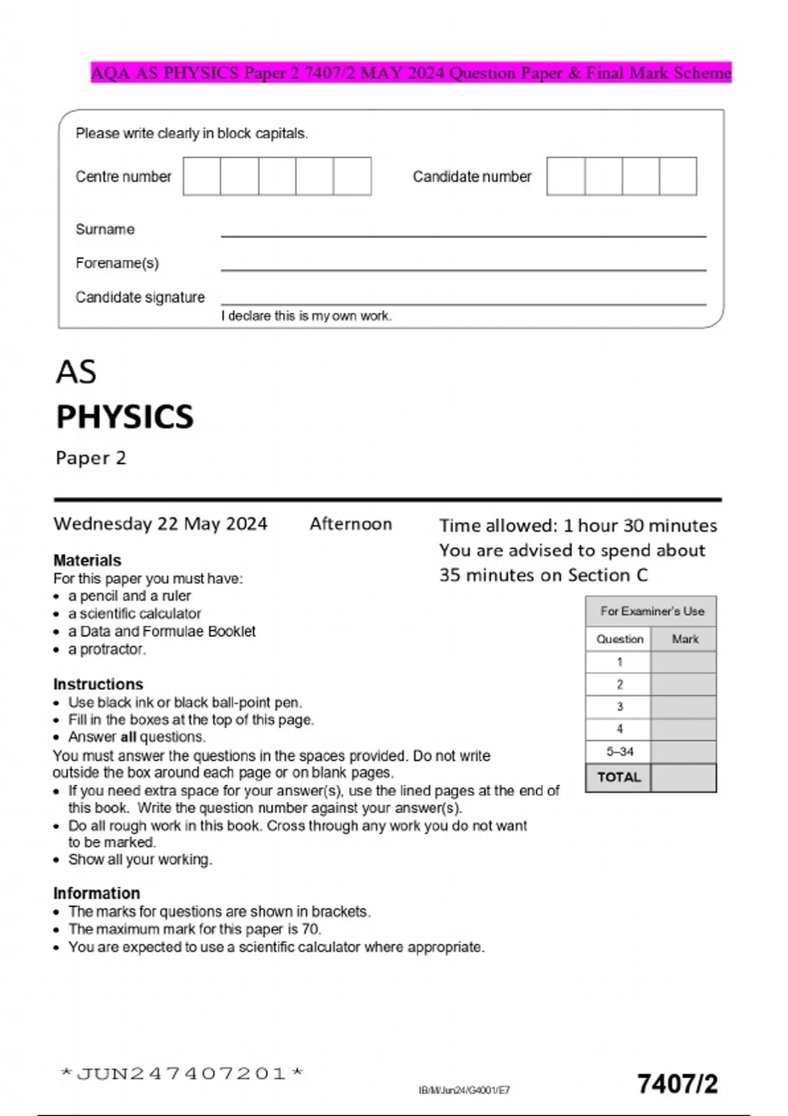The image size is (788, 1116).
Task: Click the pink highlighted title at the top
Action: click(x=410, y=72)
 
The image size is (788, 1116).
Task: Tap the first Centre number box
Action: click(x=202, y=176)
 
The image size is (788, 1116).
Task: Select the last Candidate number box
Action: click(x=678, y=176)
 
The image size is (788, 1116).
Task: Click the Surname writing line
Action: click(x=463, y=231)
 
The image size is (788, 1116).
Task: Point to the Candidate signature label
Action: click(x=140, y=297)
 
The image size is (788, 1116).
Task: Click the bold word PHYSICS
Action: click(x=125, y=417)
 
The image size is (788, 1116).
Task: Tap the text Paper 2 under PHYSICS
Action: click(x=91, y=458)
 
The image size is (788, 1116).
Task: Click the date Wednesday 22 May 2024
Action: click(x=160, y=524)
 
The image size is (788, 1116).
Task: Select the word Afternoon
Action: click(x=351, y=524)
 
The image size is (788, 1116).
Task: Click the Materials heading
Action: click(x=87, y=560)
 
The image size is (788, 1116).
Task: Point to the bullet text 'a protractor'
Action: click(x=107, y=649)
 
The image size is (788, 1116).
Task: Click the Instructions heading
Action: click(x=98, y=684)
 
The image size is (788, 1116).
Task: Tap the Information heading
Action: click(x=97, y=893)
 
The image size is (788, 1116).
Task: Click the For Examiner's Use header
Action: click(x=651, y=611)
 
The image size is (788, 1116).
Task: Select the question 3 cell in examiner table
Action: click(x=619, y=707)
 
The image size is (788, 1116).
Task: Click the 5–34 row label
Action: click(x=619, y=752)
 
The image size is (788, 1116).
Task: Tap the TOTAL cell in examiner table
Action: click(x=619, y=777)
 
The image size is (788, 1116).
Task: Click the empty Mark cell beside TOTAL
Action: click(x=684, y=777)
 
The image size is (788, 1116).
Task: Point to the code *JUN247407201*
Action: click(x=182, y=1074)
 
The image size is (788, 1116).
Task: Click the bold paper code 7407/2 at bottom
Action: click(x=677, y=1084)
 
